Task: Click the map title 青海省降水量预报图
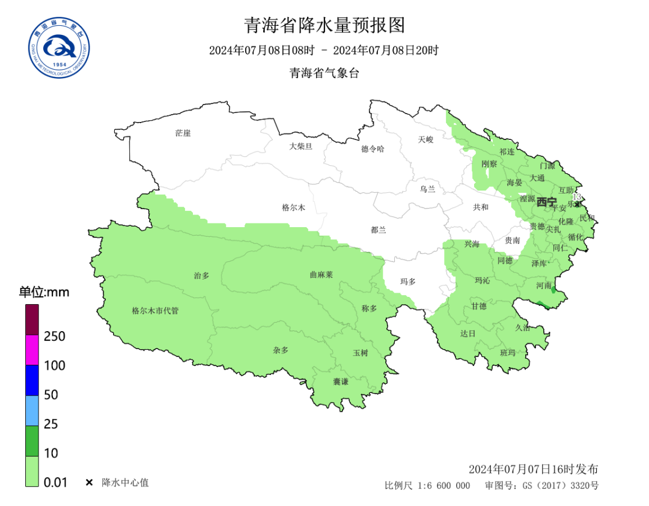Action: pos(324,25)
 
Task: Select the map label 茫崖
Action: pos(183,133)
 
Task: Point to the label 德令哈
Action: pos(373,148)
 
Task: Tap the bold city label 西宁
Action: pos(546,202)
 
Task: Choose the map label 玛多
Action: pos(408,281)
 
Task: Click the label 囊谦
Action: pos(341,382)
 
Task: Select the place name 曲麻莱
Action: pos(321,274)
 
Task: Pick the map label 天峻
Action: pos(425,139)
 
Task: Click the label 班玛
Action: pos(508,352)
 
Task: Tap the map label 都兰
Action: pos(379,229)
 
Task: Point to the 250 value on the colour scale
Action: pos(55,336)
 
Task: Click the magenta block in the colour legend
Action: pos(32,350)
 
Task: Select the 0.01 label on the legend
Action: pos(55,482)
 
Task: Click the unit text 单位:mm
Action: pos(44,293)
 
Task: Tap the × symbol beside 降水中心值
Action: pos(89,483)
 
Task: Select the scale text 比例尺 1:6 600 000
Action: pos(427,486)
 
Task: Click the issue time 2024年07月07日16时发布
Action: pos(533,469)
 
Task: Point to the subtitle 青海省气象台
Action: pos(324,73)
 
